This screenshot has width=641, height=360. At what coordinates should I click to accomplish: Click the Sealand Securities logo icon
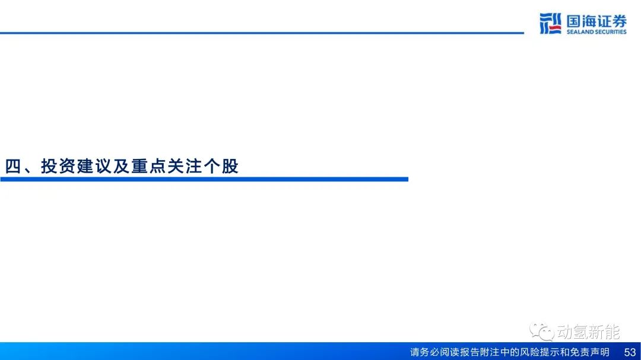coord(550,23)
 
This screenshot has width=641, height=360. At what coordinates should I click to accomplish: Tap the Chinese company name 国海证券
coord(596,21)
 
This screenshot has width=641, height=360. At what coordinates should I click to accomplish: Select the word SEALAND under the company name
coord(580,32)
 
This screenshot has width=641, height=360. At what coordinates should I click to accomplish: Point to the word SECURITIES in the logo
coord(611,32)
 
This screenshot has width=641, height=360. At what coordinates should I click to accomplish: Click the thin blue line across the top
coord(262,33)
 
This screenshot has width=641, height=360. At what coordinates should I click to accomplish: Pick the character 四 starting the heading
coord(12,166)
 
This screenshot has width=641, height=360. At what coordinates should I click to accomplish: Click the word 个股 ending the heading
coord(221,166)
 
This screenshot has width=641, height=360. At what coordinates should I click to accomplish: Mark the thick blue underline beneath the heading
coord(204,179)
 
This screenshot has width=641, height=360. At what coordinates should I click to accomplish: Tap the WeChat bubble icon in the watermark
coord(542,331)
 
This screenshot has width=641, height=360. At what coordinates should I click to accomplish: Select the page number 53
coord(630,352)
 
